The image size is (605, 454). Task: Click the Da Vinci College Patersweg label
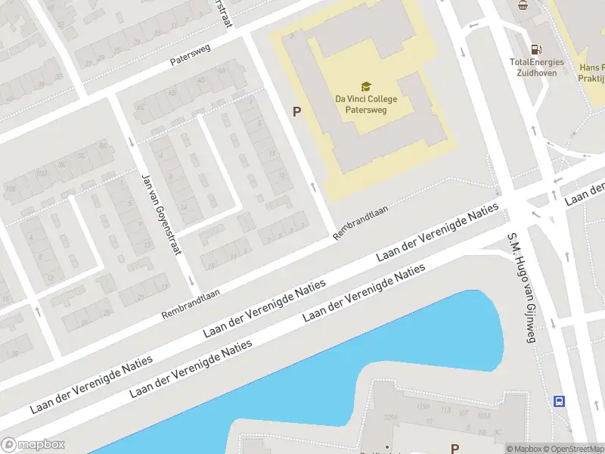[366, 104]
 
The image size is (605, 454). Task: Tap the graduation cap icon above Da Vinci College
[366, 86]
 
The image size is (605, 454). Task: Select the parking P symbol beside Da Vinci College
[297, 112]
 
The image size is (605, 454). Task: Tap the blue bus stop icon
[559, 401]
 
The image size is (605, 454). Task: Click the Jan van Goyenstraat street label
[160, 213]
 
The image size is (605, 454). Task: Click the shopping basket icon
[523, 5]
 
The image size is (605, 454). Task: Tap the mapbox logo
[33, 445]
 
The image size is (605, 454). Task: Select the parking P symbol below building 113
[455, 448]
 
